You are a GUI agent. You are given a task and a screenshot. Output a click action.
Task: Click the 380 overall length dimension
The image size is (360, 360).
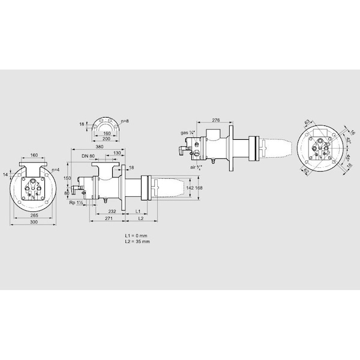(100, 146)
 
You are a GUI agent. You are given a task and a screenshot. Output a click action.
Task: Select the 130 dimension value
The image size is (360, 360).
(116, 153)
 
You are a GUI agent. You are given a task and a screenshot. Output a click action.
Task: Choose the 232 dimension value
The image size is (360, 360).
(112, 212)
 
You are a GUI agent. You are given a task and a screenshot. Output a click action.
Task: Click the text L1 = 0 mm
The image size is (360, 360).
(136, 235)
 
